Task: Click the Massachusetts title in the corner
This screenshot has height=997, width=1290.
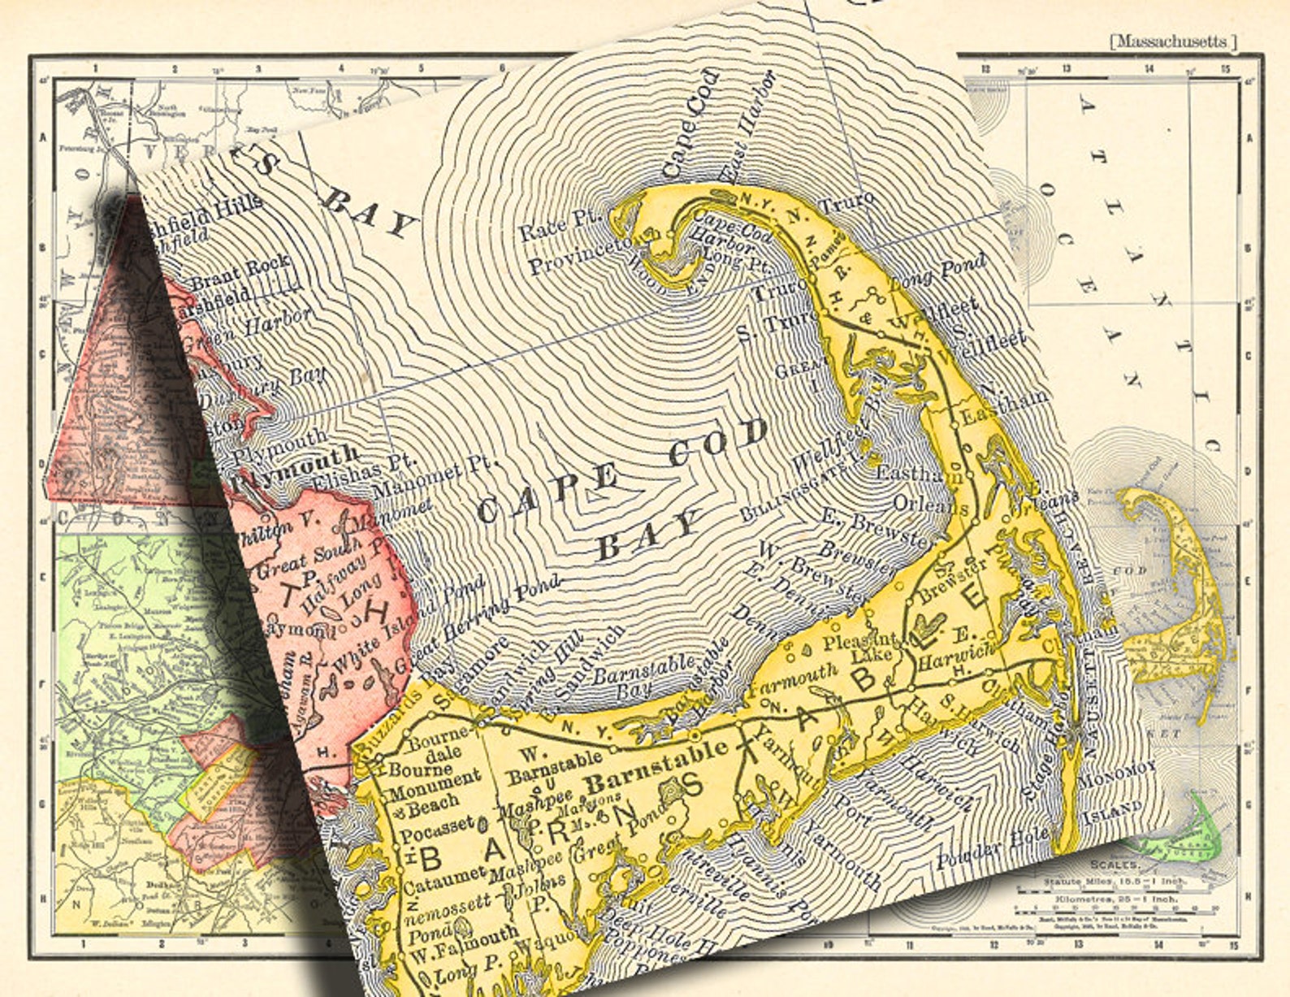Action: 1173,41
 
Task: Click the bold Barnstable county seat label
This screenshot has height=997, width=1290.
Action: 656,767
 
